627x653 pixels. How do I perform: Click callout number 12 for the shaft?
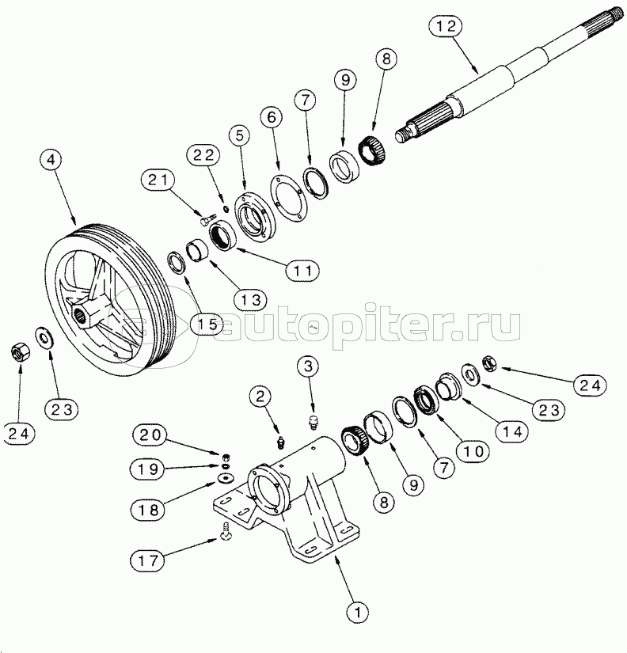446,26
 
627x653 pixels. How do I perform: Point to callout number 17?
148,560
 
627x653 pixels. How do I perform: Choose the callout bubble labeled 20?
149,435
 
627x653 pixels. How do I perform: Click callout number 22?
203,156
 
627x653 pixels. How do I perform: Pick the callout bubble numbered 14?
511,431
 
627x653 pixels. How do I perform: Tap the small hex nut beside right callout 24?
489,363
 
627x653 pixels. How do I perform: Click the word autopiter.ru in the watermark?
370,324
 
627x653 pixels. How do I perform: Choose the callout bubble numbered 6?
272,118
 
